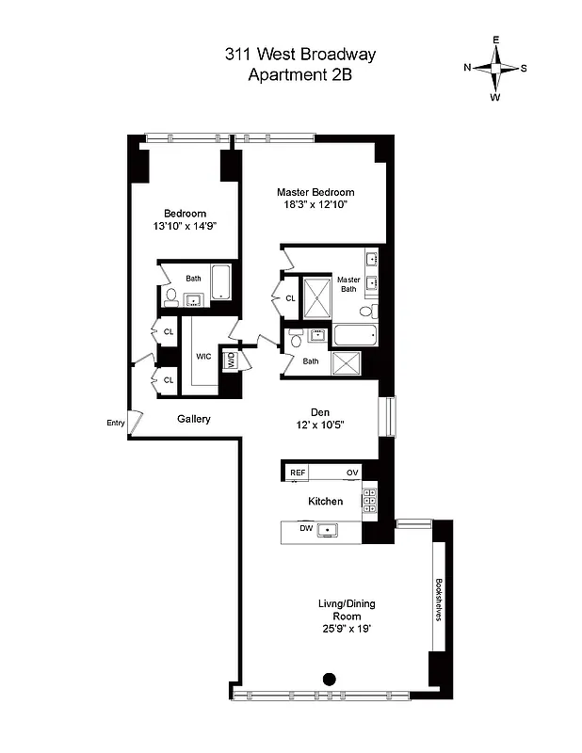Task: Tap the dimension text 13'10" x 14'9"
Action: (x=185, y=226)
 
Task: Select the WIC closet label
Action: (x=203, y=357)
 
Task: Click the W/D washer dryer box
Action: (x=229, y=359)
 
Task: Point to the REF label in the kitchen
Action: (x=298, y=473)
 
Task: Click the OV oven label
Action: (x=352, y=473)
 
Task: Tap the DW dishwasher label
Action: (x=306, y=529)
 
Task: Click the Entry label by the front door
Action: (x=115, y=423)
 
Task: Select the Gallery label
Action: (x=193, y=419)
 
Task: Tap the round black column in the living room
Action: (x=330, y=678)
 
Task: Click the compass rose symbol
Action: (x=495, y=68)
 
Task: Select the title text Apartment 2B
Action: (x=299, y=76)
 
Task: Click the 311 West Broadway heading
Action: (x=299, y=56)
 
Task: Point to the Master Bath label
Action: (x=348, y=284)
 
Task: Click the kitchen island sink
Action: (x=329, y=531)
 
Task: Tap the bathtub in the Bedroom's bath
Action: (x=221, y=281)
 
